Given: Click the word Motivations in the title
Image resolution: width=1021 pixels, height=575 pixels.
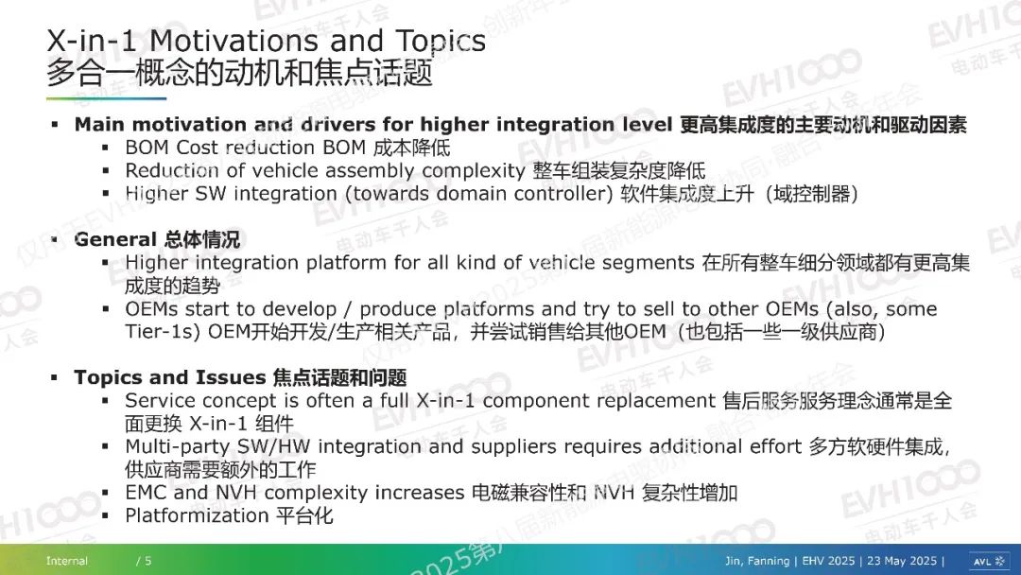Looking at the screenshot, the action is pyautogui.click(x=234, y=41).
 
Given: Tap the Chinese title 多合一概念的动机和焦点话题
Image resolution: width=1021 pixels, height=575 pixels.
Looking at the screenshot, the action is pyautogui.click(x=239, y=72).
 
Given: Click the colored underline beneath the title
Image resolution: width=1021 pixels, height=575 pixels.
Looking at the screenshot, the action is pyautogui.click(x=106, y=98).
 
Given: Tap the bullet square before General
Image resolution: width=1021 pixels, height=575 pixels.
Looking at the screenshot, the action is pyautogui.click(x=55, y=239).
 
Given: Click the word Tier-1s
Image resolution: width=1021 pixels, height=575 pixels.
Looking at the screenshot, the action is pyautogui.click(x=163, y=331).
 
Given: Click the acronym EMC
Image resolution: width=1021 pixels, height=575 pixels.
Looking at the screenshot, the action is pyautogui.click(x=147, y=493).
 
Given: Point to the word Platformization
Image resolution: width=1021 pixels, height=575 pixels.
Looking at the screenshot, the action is pyautogui.click(x=197, y=515).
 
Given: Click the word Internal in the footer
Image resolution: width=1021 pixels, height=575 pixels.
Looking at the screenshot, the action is pyautogui.click(x=66, y=561).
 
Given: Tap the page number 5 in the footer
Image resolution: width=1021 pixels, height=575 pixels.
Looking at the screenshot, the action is pyautogui.click(x=147, y=561).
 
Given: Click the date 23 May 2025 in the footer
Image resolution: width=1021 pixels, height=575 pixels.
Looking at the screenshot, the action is pyautogui.click(x=902, y=561).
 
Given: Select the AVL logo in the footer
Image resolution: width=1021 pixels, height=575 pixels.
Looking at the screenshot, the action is pyautogui.click(x=989, y=561).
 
